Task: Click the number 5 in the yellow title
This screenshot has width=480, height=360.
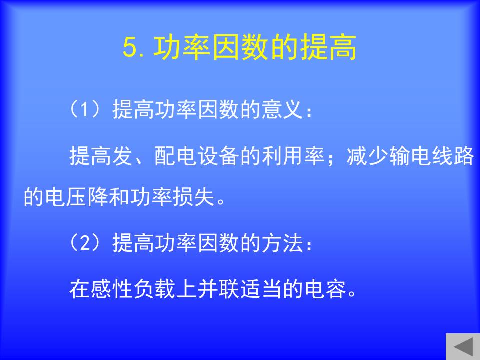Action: click(x=130, y=48)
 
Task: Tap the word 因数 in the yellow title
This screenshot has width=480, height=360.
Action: click(x=240, y=47)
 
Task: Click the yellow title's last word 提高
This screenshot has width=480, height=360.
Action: click(x=328, y=47)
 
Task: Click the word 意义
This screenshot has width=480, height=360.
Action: click(x=282, y=109)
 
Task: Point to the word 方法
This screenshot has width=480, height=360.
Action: click(x=282, y=243)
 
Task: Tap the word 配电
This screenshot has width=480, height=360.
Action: click(x=175, y=155)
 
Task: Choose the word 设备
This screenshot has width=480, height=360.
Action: click(x=218, y=155)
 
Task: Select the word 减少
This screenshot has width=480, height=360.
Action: click(x=367, y=155)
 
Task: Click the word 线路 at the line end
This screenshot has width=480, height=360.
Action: click(x=453, y=155)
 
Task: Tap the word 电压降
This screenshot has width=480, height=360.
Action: click(x=77, y=196)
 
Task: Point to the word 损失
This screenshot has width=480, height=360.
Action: click(x=194, y=196)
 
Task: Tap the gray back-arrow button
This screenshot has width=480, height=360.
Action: click(x=463, y=347)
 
